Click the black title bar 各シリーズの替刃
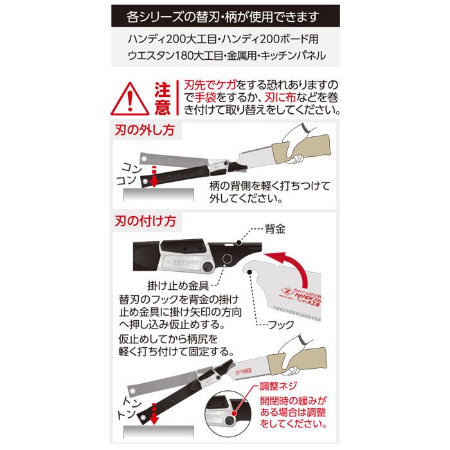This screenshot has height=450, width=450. (225, 14)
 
